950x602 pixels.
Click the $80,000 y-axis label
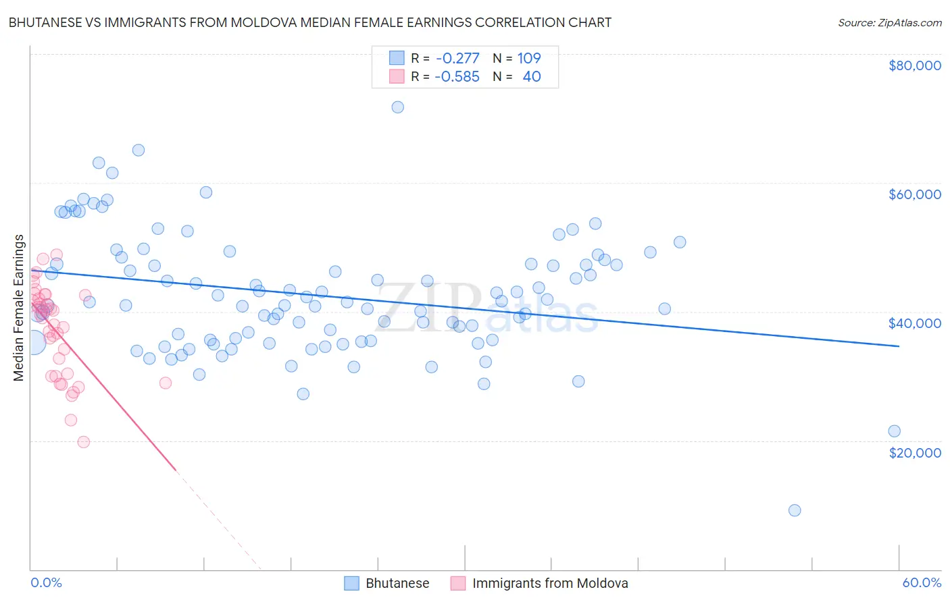(915, 65)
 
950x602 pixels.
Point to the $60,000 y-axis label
(915, 194)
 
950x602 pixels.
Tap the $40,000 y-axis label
(915, 323)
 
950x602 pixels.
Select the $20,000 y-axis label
(915, 452)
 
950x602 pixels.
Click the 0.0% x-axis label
(46, 582)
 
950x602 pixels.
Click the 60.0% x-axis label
(922, 582)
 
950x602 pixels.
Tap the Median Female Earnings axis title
(19, 308)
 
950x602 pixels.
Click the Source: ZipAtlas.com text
(889, 22)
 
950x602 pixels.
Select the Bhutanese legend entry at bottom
(387, 583)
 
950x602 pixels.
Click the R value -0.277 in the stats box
(457, 58)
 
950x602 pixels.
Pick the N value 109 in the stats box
(529, 58)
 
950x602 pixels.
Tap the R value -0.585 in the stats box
(457, 76)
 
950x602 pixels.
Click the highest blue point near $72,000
(398, 107)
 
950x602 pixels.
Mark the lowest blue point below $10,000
(795, 510)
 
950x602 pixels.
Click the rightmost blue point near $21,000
(894, 431)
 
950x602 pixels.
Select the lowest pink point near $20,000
(84, 442)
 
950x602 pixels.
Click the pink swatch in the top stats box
(397, 76)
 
